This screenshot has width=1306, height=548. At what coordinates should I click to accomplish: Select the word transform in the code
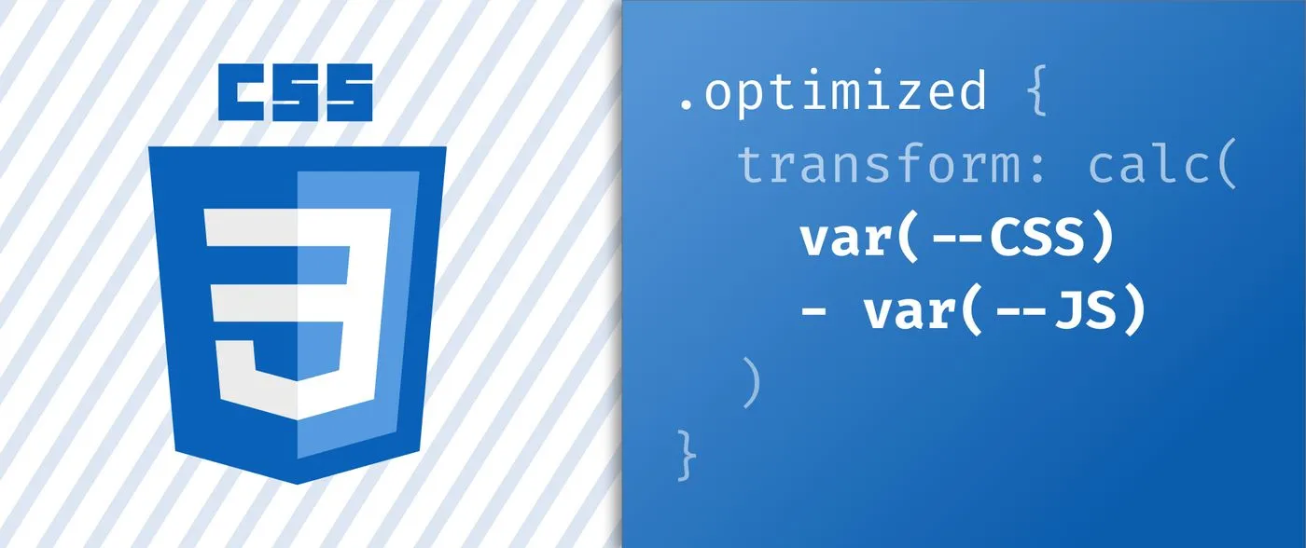click(x=878, y=164)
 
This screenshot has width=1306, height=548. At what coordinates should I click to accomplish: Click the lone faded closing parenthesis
click(x=752, y=382)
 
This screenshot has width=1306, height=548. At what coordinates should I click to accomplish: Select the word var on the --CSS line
click(x=845, y=239)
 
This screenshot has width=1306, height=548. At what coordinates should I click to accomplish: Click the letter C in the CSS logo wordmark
click(x=242, y=92)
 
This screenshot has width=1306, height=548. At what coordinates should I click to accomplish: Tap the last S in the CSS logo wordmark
click(x=349, y=92)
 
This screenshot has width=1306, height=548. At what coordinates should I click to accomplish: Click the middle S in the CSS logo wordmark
click(x=295, y=92)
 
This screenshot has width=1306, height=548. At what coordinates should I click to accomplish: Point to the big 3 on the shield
click(x=298, y=312)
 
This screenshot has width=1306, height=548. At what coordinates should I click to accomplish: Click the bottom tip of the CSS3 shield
click(x=298, y=484)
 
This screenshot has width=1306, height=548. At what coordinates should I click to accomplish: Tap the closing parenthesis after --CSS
click(x=1103, y=239)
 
